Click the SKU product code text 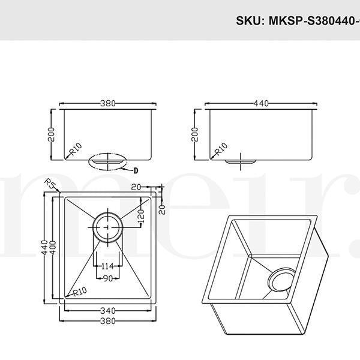point(297,21)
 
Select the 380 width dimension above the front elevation point(107,103)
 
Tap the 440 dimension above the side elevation point(260,103)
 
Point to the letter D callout point(136,170)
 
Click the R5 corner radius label point(50,184)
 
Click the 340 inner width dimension point(109,311)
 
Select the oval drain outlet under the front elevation point(107,161)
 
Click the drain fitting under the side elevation point(241,161)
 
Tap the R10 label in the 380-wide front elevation point(74,148)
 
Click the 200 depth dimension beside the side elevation point(194,134)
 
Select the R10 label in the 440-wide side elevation point(221,148)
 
